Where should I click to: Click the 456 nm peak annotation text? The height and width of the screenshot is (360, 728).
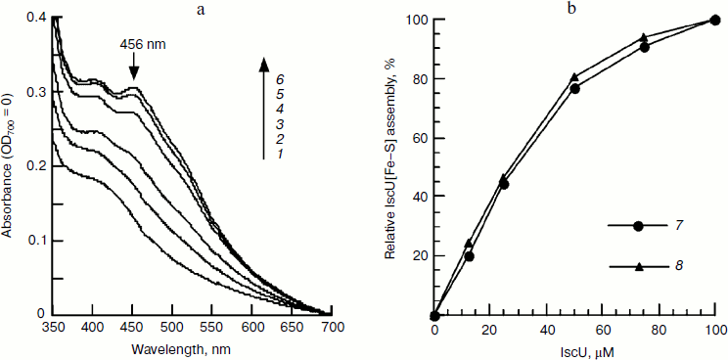pos(141,45)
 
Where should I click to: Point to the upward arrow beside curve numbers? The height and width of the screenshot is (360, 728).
pos(264,108)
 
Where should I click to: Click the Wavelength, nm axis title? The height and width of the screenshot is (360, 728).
pos(191,347)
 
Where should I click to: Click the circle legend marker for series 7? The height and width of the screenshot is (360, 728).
pos(638,226)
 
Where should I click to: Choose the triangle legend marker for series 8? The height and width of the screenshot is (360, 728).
pos(638,265)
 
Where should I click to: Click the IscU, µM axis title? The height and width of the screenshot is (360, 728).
pos(575,349)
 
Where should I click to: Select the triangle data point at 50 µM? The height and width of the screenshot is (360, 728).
pos(574,76)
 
